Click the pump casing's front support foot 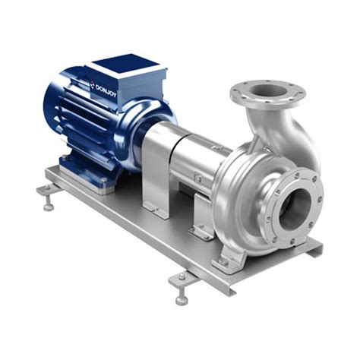click(x=228, y=258)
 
